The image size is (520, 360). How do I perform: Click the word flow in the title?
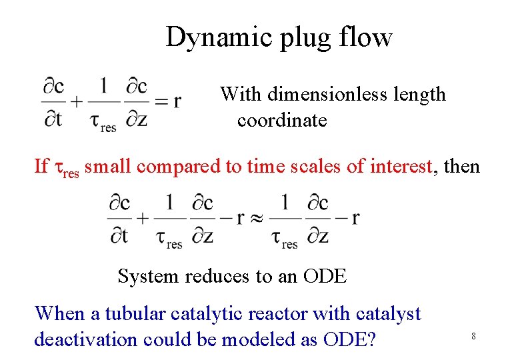369,37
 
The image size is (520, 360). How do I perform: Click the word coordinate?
282,121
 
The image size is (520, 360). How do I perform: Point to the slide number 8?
473,336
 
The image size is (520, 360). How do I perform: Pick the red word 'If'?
41,166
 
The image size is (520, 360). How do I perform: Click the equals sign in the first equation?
160,102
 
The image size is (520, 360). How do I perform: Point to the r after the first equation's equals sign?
177,102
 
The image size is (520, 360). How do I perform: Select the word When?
60,313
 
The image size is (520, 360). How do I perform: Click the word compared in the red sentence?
183,167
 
